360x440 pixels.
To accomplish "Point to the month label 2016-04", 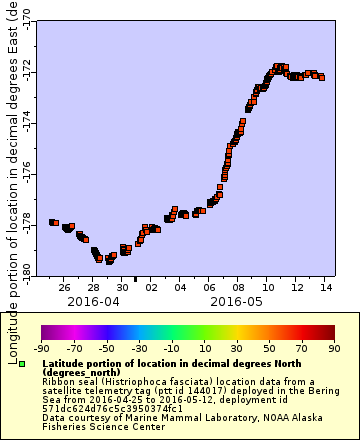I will [93, 300].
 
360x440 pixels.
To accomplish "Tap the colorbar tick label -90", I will [42, 347].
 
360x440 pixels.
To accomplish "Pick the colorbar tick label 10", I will [202, 347].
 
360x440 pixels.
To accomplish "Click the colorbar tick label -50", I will [106, 347].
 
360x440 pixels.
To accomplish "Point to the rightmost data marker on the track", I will [322, 77].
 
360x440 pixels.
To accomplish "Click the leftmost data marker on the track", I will [53, 222].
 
